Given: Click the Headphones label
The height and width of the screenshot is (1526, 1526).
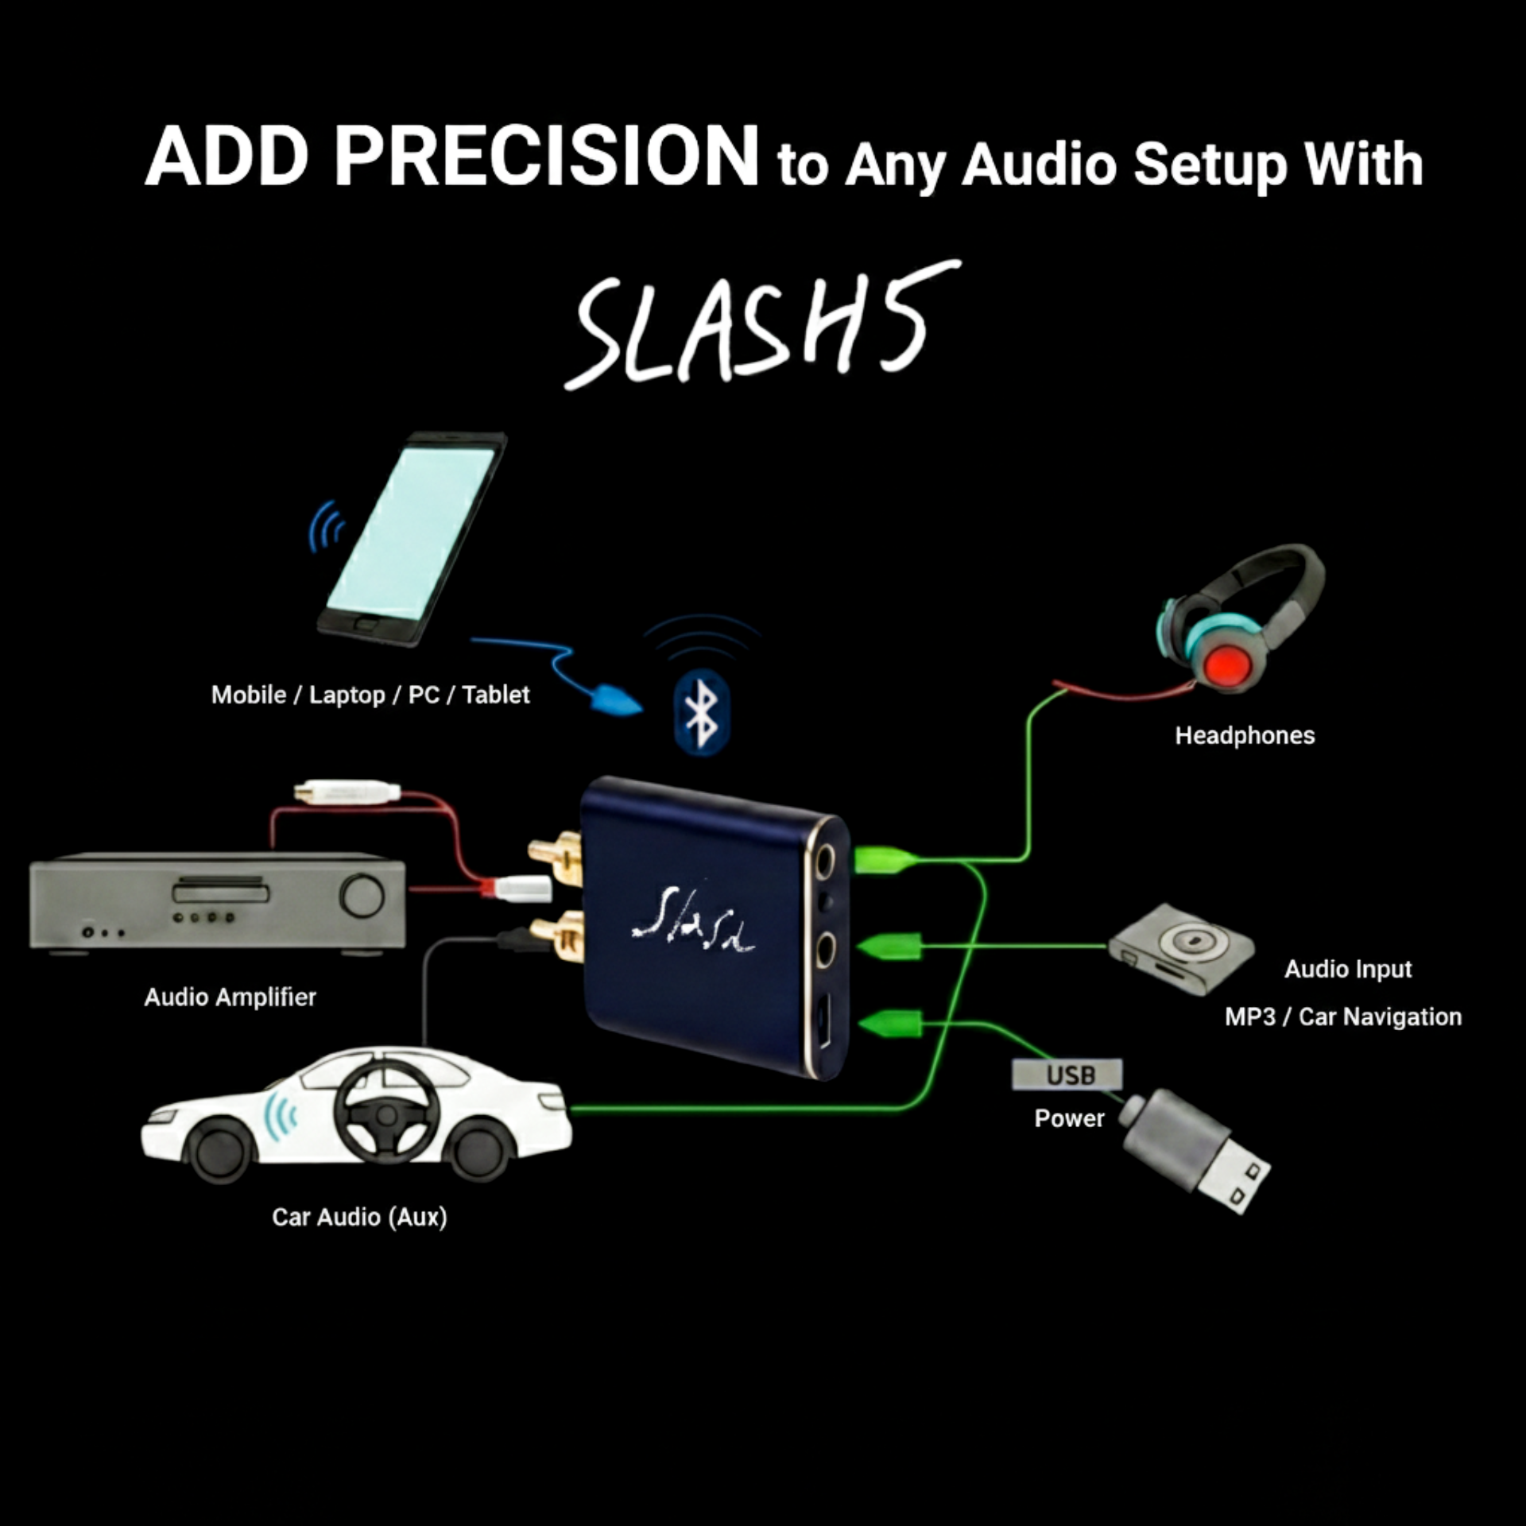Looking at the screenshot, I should click(x=1245, y=736).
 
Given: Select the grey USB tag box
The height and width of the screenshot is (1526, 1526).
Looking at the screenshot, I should click(x=1067, y=1075).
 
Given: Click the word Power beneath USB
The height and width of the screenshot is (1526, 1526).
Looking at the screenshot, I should click(x=1069, y=1118).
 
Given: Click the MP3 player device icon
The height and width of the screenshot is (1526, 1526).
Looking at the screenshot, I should click(x=1182, y=949).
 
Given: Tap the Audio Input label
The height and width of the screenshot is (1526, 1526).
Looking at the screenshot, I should click(x=1348, y=969).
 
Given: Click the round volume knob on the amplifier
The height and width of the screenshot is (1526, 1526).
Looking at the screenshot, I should click(x=362, y=896).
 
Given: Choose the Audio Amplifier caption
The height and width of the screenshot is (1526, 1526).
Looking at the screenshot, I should click(x=230, y=997).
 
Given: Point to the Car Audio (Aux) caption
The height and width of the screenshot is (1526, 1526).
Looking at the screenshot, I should click(x=359, y=1217).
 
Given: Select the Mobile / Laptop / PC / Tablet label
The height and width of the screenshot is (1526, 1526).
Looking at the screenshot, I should click(x=370, y=695).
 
